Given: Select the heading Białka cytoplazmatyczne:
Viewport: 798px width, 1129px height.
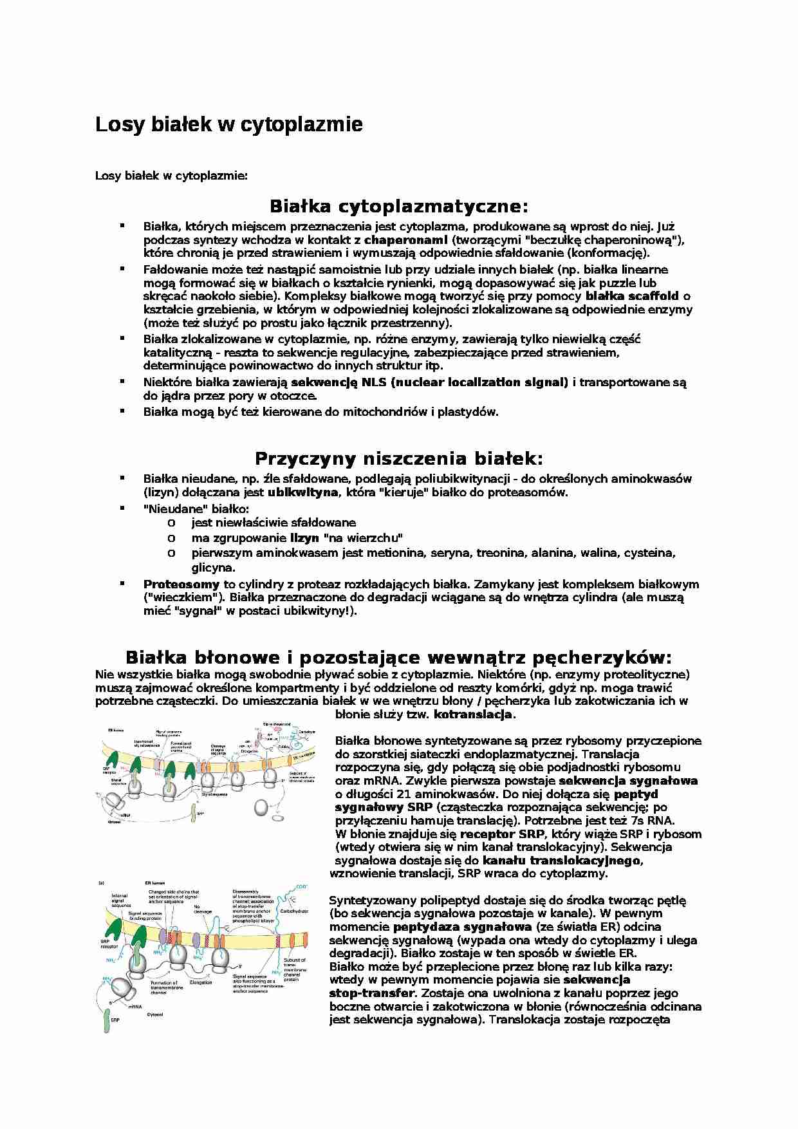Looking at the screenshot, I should point(398,207).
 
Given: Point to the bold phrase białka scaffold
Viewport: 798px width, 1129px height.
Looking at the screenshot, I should point(632,296).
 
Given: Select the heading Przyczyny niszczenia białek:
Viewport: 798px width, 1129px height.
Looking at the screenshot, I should point(398,458).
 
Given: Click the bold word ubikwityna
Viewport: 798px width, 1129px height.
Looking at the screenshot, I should point(302,492).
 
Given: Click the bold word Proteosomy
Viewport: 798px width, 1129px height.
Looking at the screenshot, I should point(181,584).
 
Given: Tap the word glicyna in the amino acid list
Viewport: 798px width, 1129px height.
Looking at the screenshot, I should point(212,568).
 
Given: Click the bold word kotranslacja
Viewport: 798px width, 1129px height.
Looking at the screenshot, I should point(473,714).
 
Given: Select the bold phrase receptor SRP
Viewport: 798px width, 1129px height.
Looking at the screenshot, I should point(503,834).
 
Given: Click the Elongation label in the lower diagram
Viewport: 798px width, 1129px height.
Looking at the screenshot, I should point(201,983).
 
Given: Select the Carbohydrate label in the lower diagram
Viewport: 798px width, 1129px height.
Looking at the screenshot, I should point(294,911).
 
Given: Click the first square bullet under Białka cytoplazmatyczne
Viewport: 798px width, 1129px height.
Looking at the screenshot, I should point(121,225).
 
